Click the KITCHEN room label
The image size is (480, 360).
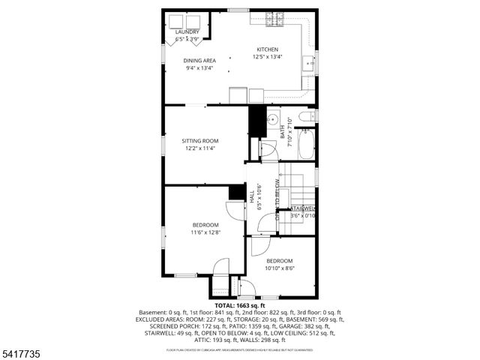pos(268,49)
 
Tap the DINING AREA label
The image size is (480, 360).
pos(199,61)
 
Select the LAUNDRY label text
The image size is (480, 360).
pos(187,32)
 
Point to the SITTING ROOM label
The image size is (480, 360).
pos(199,141)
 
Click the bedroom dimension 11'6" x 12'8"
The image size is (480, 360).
pos(205,232)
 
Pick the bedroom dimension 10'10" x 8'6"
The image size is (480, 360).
pos(279,268)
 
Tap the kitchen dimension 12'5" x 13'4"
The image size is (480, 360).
pos(268,57)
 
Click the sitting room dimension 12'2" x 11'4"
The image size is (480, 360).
pos(199,148)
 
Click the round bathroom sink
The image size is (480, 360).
pos(272,120)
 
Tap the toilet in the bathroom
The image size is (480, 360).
pos(304,117)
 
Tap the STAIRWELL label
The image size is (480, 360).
pos(303,208)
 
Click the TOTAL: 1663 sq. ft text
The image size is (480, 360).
pos(240,306)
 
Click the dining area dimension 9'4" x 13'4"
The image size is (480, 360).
pos(199,68)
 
